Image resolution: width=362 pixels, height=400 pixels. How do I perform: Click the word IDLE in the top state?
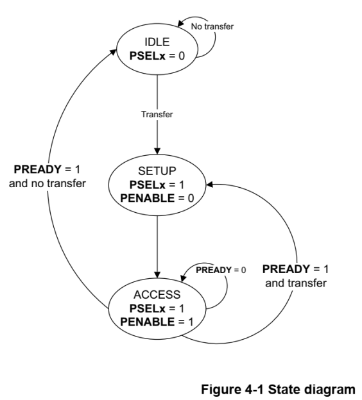157,42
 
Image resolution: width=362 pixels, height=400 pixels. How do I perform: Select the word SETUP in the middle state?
157,171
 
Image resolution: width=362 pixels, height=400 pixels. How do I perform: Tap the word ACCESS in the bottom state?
157,295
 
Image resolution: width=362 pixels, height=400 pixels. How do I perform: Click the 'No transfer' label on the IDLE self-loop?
212,26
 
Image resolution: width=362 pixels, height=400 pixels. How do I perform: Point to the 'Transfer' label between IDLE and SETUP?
157,114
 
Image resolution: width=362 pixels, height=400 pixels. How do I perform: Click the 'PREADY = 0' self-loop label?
221,270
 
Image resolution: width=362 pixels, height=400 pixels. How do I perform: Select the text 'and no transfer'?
47,183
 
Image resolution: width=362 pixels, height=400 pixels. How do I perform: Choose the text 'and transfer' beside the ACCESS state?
296,283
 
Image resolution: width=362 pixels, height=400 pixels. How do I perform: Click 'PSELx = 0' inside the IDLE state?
157,56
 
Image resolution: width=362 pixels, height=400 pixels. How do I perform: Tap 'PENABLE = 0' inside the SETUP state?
157,198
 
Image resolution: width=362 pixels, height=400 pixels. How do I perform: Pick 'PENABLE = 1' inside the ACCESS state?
157,322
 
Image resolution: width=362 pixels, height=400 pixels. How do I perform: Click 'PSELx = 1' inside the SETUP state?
157,185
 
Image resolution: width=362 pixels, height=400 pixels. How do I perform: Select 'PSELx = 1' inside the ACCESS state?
157,308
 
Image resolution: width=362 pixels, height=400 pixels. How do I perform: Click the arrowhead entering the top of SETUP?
157,151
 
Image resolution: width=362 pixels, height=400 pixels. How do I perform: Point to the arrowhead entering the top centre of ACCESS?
157,275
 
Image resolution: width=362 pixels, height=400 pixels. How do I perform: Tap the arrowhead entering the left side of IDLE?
113,52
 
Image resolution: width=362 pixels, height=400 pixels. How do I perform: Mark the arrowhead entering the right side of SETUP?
209,185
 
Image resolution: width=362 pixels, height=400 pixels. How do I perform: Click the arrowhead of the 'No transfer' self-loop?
180,23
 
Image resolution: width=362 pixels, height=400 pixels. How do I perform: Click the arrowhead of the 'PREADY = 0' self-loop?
184,278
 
